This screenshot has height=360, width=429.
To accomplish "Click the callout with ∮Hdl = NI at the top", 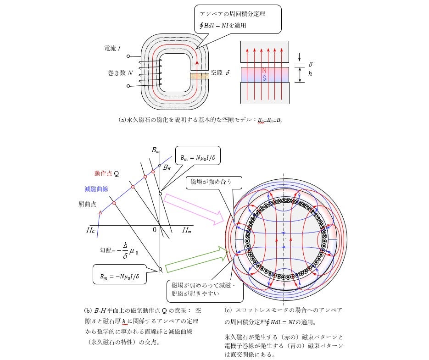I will tap(237, 20).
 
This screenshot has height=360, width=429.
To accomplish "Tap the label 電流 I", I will tap(112, 48).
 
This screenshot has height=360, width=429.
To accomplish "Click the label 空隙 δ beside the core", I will tap(220, 73).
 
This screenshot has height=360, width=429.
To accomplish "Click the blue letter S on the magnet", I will tap(264, 78).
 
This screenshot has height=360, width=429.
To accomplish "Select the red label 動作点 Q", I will tap(107, 174).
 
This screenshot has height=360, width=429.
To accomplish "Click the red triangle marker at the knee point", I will tap(100, 213).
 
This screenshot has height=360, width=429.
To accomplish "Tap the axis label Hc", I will tap(91, 231).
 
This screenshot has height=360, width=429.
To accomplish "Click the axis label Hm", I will tap(187, 231).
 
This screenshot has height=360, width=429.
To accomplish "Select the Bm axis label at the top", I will tap(156, 150).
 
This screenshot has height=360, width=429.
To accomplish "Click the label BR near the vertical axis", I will tap(167, 168).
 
